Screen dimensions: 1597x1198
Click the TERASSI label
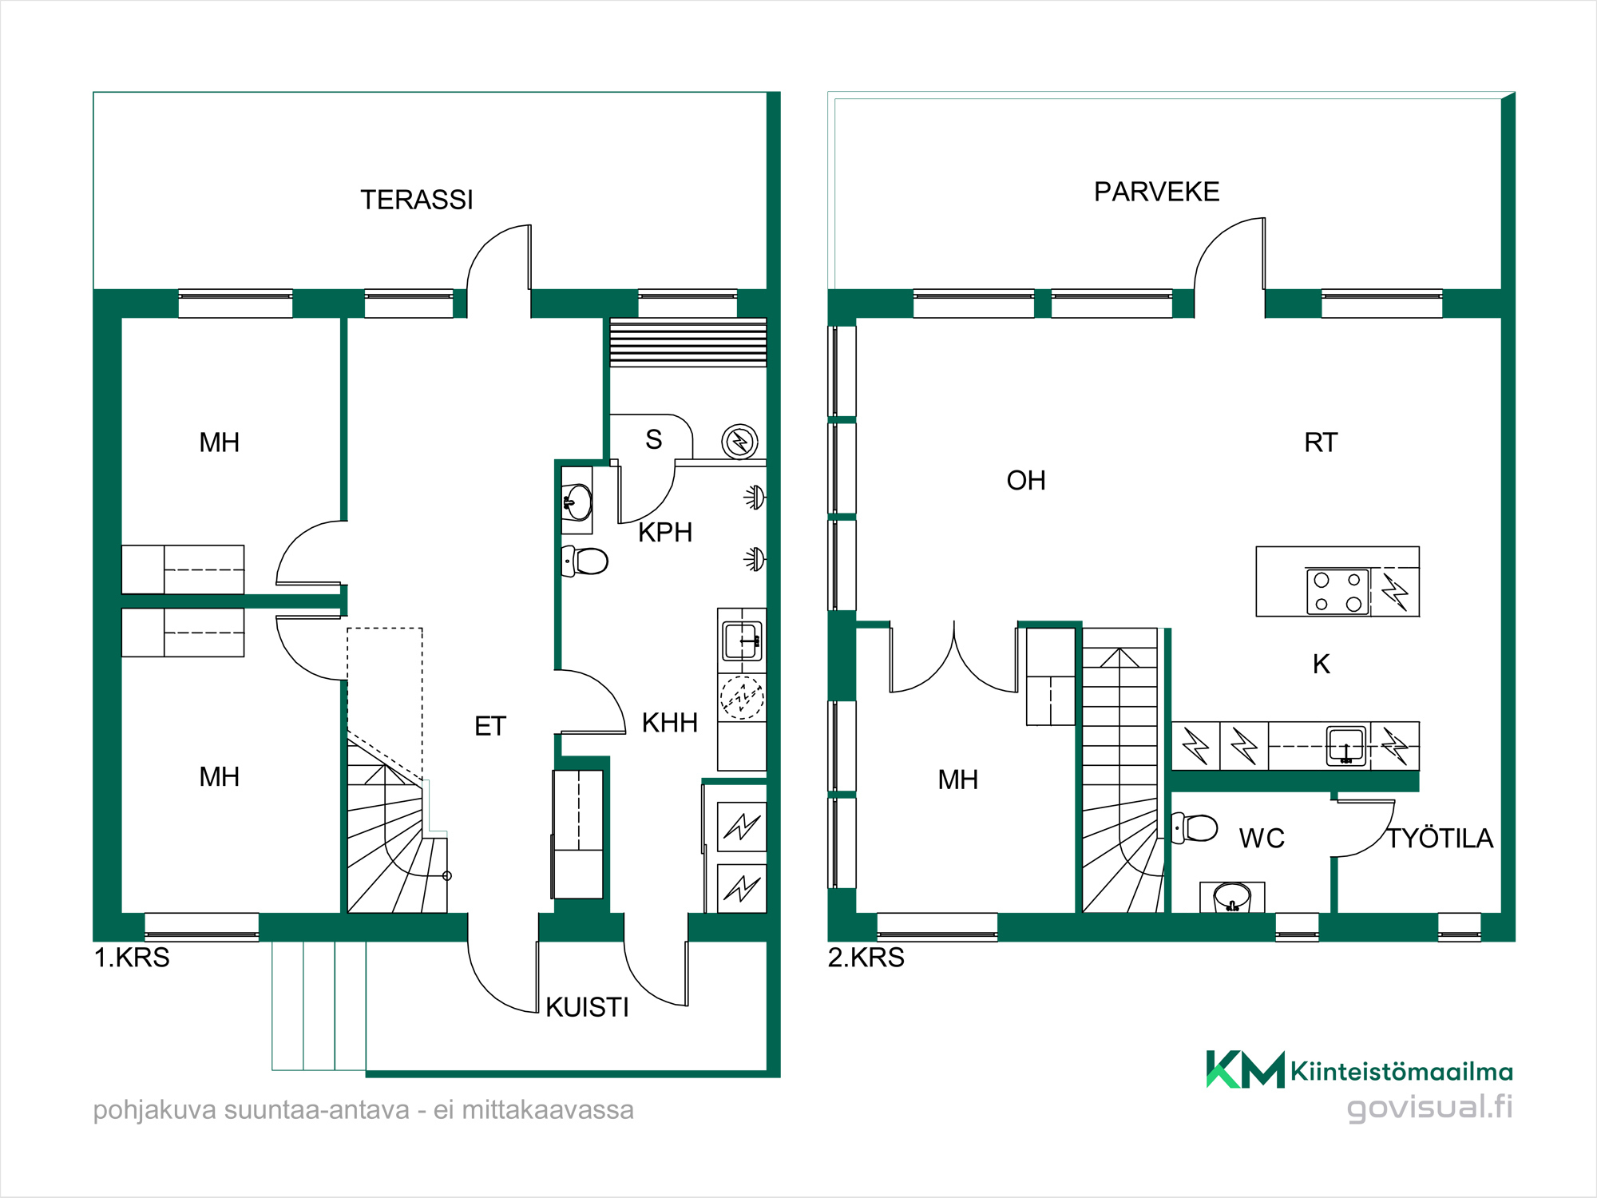click(417, 200)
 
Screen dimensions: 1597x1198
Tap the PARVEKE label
click(1156, 192)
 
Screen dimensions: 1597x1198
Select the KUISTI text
click(587, 1008)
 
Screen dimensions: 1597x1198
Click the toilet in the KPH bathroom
click(585, 561)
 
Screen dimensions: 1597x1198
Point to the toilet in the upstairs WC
click(1195, 827)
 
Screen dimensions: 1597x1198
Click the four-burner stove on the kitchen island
click(1337, 592)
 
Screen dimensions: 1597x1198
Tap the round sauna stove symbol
click(739, 441)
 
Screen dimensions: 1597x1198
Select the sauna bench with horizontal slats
click(688, 343)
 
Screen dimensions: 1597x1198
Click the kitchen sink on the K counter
click(1346, 746)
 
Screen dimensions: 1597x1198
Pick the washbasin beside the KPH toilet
click(577, 502)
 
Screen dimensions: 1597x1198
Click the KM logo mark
click(1245, 1069)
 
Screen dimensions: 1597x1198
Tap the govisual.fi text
click(1429, 1108)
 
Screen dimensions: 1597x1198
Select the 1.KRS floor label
click(132, 958)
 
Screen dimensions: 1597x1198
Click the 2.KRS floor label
click(866, 958)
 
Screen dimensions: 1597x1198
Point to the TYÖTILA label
click(1440, 839)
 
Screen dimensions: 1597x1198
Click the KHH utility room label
click(670, 723)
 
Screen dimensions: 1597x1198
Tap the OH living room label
click(1026, 481)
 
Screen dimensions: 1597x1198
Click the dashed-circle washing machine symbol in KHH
click(742, 697)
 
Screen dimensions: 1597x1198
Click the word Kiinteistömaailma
click(1401, 1071)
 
